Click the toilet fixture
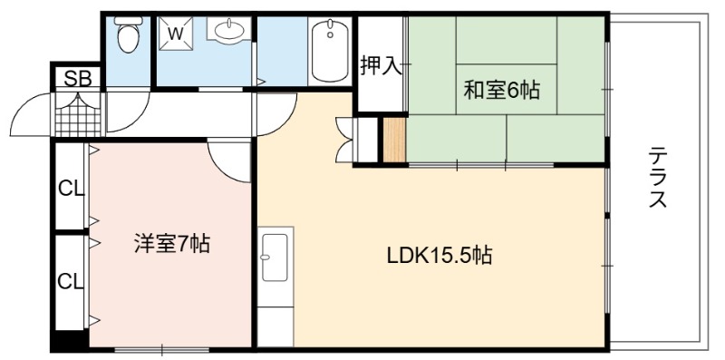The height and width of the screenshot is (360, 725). tap(127, 34)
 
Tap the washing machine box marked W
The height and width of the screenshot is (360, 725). tap(175, 33)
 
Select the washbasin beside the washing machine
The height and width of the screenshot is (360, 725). tap(228, 31)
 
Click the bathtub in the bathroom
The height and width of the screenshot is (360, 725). tap(330, 51)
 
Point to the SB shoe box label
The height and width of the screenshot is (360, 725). tap(78, 79)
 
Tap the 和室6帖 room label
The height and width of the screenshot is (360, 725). tap(502, 90)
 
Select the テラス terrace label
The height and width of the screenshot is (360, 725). tap(658, 177)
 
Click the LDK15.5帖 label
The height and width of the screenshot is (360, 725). tap(439, 255)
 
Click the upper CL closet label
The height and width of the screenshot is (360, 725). tap(71, 189)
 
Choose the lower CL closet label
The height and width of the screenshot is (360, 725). tap(71, 281)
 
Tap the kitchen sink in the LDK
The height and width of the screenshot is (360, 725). tap(275, 258)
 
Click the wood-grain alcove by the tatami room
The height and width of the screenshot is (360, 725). tap(394, 141)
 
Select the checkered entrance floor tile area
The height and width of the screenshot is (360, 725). tap(78, 114)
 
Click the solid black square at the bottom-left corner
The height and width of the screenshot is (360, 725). tap(70, 340)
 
